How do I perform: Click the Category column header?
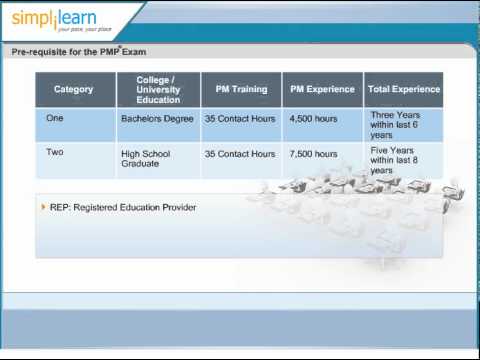click(x=73, y=89)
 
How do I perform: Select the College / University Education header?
click(x=158, y=89)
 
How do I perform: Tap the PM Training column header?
click(x=241, y=89)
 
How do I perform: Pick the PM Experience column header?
click(x=322, y=89)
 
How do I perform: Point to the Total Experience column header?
click(x=403, y=89)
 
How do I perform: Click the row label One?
click(x=54, y=117)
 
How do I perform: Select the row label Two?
click(x=54, y=153)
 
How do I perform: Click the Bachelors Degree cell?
click(x=157, y=118)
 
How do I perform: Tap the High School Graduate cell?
click(x=146, y=160)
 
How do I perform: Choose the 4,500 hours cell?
click(x=314, y=118)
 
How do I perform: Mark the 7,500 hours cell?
click(x=314, y=154)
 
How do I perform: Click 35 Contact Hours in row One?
click(x=240, y=118)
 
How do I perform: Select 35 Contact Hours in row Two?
click(x=240, y=154)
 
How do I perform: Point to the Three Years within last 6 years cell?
click(x=395, y=124)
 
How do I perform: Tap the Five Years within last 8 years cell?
click(x=395, y=160)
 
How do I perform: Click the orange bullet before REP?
click(x=43, y=207)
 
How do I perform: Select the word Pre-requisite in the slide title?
click(x=41, y=50)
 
